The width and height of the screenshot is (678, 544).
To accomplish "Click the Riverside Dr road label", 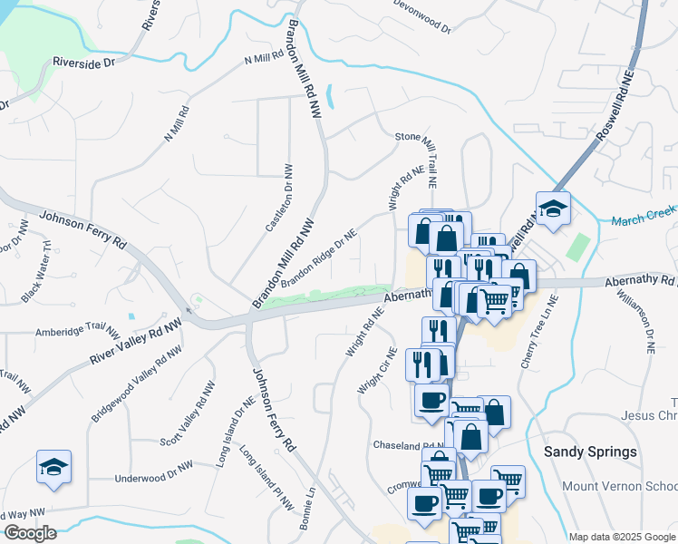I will pos(84,63).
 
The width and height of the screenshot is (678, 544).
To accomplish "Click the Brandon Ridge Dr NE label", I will pos(319,259).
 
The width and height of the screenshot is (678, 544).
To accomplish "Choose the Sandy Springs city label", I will pos(589,452).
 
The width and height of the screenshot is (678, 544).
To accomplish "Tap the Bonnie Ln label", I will pos(305,509).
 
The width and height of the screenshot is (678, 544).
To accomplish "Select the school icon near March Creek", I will pos(552,209).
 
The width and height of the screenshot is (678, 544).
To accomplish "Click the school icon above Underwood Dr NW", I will pos(53,467).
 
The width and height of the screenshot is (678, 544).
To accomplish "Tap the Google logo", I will pos(29,533).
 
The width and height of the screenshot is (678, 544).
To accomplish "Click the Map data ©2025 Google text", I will pos(622,537).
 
